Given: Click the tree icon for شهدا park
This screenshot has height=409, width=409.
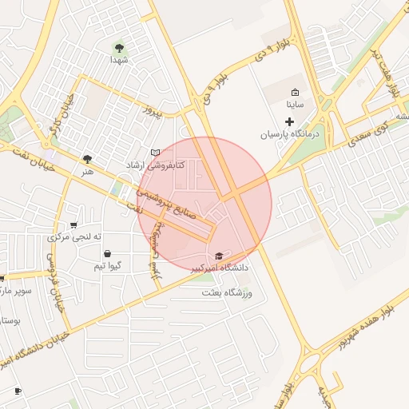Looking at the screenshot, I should click(120, 48).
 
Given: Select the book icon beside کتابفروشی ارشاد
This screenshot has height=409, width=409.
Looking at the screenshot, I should click(155, 153).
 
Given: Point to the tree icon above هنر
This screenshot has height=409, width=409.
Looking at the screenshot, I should click(87, 159).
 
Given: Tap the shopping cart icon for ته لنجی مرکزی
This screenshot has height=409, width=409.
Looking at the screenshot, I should click(74, 224).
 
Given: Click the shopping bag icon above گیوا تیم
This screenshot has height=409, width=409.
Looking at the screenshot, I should click(107, 254).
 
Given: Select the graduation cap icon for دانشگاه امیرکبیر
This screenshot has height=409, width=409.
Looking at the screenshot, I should click(220, 256).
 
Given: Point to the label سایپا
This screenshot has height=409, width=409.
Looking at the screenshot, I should click(295, 105).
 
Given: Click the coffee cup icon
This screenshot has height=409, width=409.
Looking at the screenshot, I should click(18, 391).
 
